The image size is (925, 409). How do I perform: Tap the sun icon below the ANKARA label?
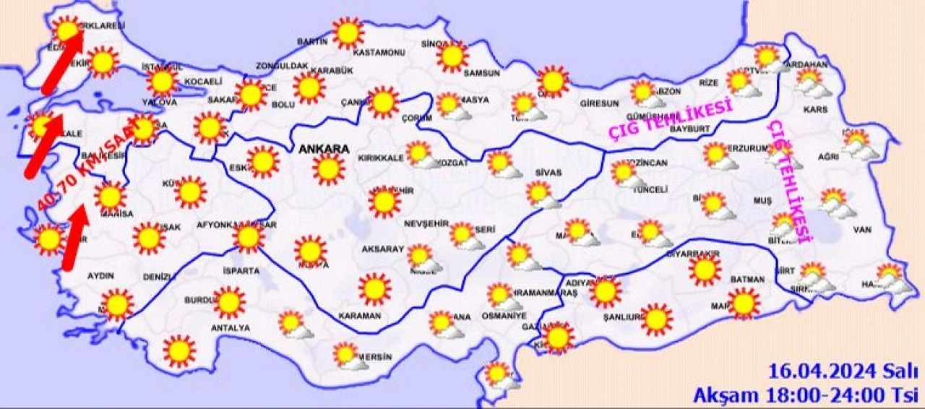(328, 169)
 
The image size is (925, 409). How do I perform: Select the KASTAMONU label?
(378, 53)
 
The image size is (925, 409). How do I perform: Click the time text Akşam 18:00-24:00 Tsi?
(805, 395)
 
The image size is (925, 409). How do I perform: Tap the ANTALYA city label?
(230, 328)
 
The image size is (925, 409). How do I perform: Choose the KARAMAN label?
(358, 317)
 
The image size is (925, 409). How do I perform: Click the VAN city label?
(864, 230)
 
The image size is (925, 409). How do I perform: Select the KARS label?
(814, 110)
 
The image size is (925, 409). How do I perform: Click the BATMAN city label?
(748, 279)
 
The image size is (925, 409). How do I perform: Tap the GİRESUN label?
(599, 103)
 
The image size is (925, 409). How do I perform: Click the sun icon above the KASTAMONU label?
(348, 33)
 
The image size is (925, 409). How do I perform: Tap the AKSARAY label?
(382, 249)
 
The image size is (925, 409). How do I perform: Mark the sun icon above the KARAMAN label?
(374, 288)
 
